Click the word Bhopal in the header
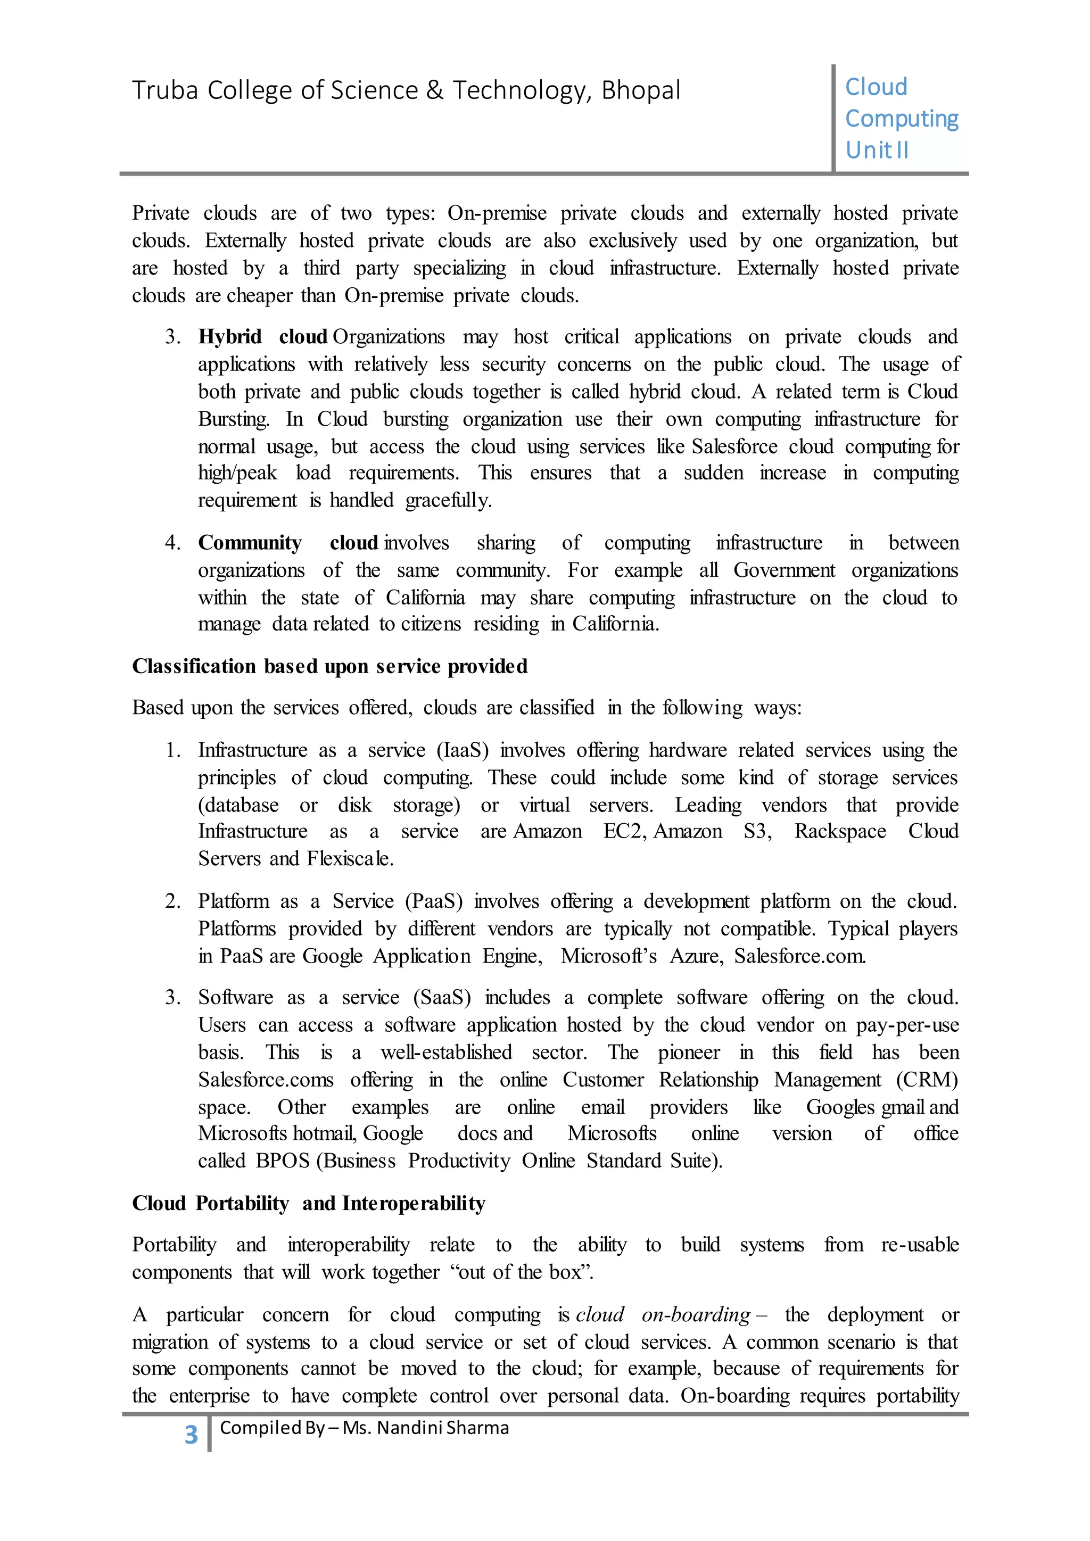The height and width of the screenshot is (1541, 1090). [x=640, y=90]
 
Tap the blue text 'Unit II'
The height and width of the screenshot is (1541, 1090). [x=877, y=150]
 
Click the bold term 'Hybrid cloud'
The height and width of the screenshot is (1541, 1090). [x=262, y=336]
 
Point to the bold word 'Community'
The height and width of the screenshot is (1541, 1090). [x=250, y=542]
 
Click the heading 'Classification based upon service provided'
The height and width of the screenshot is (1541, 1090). [x=329, y=666]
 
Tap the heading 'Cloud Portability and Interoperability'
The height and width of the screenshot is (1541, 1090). [x=308, y=1203]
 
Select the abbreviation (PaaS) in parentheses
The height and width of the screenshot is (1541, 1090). [x=434, y=901]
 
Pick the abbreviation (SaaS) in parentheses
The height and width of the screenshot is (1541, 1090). [x=442, y=997]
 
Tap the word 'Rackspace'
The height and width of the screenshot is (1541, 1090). [x=840, y=832]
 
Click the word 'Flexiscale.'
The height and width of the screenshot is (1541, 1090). [x=350, y=858]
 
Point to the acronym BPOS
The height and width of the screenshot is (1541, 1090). [x=283, y=1161]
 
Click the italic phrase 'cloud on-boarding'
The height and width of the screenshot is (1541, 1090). [x=663, y=1314]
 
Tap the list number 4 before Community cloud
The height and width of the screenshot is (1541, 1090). [x=172, y=542]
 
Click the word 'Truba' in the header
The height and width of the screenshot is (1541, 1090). [x=164, y=90]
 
